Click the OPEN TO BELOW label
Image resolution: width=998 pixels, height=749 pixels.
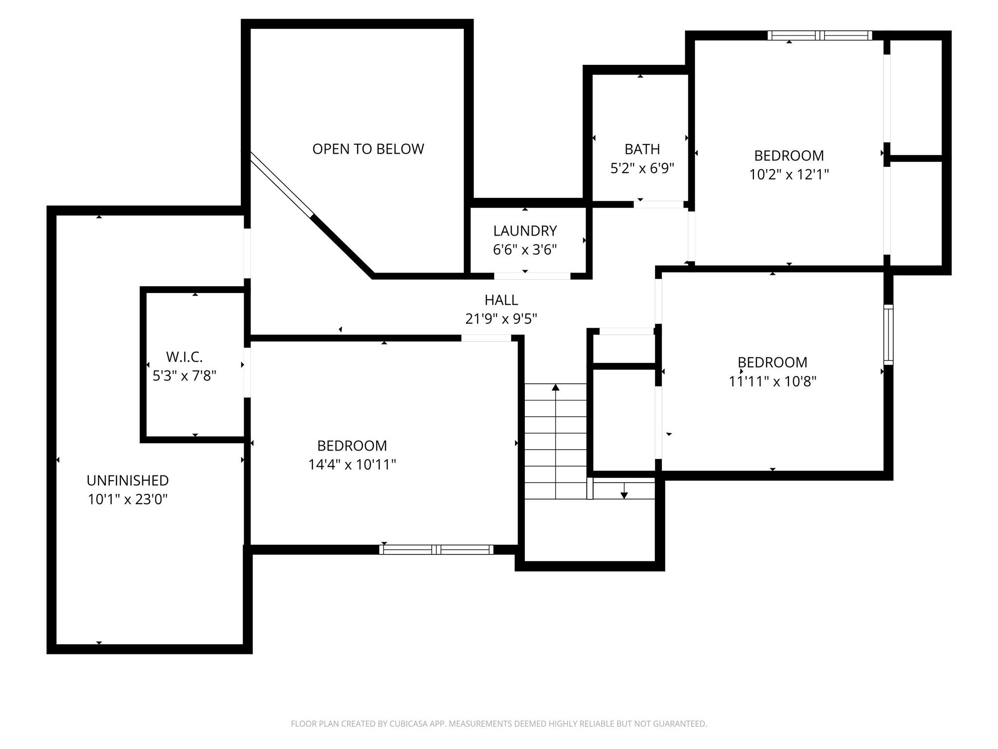[368, 149]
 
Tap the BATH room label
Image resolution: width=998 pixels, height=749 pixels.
[642, 149]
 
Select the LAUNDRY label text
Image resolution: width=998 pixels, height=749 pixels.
[525, 231]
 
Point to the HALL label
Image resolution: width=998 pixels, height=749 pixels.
[501, 300]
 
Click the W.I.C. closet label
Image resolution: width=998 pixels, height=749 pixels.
[184, 357]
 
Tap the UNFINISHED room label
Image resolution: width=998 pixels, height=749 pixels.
[128, 480]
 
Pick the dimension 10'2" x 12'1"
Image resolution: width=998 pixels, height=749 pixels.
[789, 174]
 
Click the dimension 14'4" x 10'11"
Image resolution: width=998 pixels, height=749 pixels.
[352, 464]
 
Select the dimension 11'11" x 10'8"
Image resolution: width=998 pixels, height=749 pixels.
[772, 381]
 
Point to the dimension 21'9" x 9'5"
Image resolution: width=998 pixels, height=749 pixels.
[501, 318]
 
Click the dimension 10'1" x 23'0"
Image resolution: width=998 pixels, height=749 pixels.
[128, 499]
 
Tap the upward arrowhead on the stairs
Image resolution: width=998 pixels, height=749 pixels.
[556, 388]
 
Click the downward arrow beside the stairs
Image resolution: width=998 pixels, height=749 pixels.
[624, 494]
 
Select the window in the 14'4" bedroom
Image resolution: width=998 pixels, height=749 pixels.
[436, 550]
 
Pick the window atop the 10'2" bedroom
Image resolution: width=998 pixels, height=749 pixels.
[820, 35]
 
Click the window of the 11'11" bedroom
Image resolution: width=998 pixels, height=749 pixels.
[888, 335]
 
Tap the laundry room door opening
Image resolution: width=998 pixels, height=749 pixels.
[532, 276]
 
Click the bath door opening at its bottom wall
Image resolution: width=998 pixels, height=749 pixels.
[658, 204]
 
